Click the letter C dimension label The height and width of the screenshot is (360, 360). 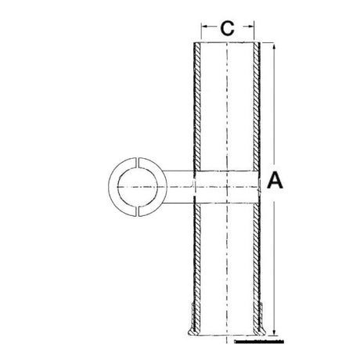pos(226,30)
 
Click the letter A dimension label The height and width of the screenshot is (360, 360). pos(275,182)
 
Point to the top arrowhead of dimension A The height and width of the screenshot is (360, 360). pos(276,47)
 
